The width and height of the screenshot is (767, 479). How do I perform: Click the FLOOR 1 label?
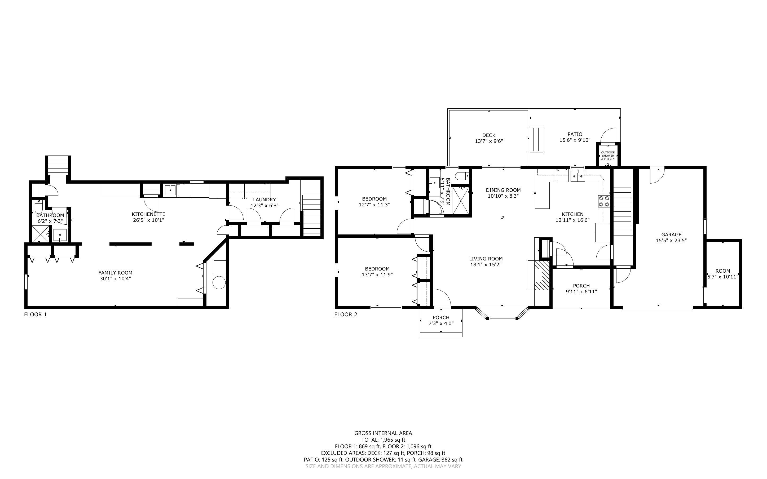(36, 314)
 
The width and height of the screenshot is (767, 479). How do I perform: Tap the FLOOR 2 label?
(346, 314)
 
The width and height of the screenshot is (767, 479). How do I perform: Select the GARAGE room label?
(671, 234)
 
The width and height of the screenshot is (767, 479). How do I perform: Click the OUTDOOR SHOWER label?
(608, 154)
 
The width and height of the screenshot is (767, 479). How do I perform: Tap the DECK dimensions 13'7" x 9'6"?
(489, 141)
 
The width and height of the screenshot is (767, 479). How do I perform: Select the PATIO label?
(575, 134)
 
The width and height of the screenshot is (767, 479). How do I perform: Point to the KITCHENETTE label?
(149, 215)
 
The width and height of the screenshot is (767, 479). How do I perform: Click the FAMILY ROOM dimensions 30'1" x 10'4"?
(115, 279)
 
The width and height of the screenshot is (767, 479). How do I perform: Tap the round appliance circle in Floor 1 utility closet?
(219, 282)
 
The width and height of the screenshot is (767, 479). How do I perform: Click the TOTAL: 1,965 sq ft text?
(383, 440)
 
